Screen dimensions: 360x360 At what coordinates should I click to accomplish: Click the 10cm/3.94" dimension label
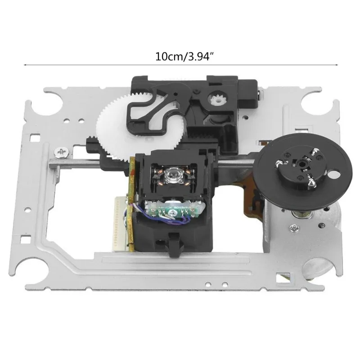tap(183, 57)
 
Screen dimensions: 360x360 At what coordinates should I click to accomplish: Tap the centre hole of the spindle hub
tap(302, 164)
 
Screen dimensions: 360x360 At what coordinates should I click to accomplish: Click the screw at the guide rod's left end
tap(62, 153)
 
